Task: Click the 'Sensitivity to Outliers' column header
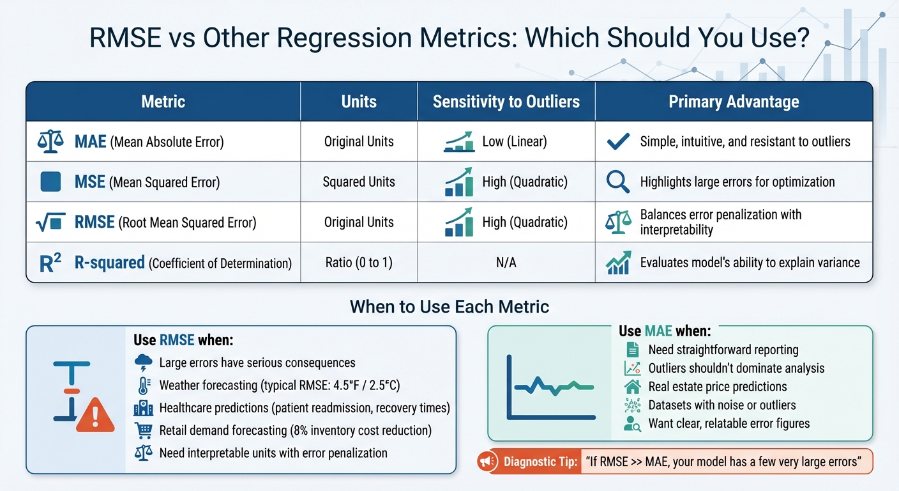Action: point(506,102)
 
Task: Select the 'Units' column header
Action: point(359,102)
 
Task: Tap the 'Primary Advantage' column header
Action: point(734,102)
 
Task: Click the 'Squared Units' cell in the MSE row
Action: point(359,182)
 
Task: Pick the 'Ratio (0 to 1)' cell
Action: point(359,263)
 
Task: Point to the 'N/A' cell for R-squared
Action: point(506,263)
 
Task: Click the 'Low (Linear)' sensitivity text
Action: point(515,142)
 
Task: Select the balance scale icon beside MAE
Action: point(50,142)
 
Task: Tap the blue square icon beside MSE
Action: point(50,182)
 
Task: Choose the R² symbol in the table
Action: point(50,263)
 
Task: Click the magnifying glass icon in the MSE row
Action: point(617,182)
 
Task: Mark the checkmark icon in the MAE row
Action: point(617,142)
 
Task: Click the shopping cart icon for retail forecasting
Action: point(143,430)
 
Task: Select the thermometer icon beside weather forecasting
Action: point(143,386)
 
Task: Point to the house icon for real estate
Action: point(633,386)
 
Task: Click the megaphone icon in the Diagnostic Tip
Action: point(487,462)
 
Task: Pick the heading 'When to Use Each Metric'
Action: point(450,307)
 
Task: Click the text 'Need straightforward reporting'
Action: point(723,350)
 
